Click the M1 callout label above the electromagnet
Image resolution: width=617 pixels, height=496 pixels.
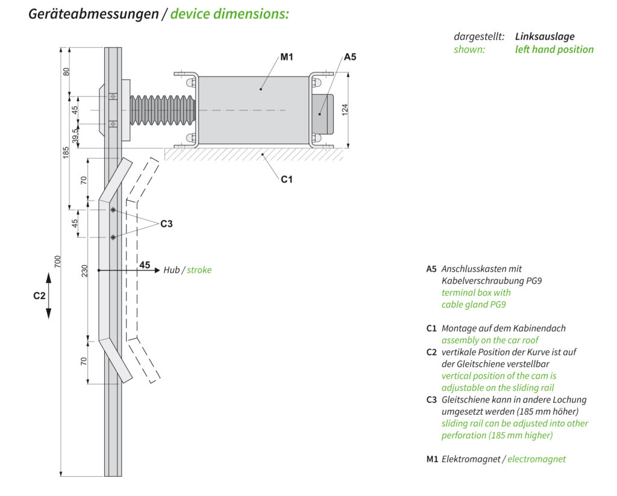[286, 57]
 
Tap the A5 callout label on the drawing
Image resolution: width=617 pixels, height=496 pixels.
[350, 57]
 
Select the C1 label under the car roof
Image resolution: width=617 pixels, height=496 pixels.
[287, 179]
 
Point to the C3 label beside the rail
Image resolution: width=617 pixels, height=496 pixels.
[166, 224]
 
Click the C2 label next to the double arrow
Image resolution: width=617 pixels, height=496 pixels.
[39, 296]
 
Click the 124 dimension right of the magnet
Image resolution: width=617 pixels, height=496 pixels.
[345, 110]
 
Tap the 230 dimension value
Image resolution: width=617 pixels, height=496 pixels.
[84, 272]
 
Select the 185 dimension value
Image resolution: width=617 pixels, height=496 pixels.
[66, 152]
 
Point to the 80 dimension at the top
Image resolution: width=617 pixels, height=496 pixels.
[66, 71]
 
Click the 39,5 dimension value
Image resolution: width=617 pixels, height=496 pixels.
[75, 135]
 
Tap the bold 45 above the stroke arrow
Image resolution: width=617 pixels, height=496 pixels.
[145, 265]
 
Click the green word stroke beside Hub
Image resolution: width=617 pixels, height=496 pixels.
[199, 270]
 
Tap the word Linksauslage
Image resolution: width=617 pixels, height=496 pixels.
[545, 37]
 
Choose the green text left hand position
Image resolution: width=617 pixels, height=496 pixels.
[554, 49]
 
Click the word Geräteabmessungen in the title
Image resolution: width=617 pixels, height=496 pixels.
[93, 13]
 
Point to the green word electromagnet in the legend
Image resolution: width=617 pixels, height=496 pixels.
[536, 459]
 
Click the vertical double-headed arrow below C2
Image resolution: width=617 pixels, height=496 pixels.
[49, 296]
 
